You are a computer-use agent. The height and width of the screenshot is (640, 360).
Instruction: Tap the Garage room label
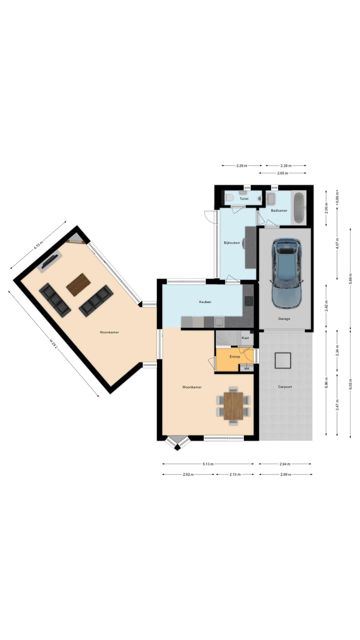pos(284,318)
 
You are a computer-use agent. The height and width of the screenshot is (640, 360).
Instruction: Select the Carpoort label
pos(285,386)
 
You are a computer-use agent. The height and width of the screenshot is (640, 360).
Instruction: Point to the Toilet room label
pos(243,198)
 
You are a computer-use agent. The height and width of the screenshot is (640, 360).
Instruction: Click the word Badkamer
pos(278,210)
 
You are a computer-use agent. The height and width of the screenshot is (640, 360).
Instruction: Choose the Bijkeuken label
pos(231,243)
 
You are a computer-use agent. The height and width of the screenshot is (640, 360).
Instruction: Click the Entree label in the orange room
pos(234,356)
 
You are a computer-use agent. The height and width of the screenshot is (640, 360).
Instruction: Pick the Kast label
pos(245,338)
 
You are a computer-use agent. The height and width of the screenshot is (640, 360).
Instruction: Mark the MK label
pos(246,368)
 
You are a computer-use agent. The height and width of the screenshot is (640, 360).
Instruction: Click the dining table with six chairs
pos(233,405)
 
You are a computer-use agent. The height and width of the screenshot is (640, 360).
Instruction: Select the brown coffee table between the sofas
pos(78,284)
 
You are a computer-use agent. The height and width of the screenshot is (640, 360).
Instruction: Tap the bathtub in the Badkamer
pos(298,207)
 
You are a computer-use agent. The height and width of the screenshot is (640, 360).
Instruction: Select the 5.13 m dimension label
pos(208,464)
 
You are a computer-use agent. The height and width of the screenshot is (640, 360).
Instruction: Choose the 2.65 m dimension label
pos(282,173)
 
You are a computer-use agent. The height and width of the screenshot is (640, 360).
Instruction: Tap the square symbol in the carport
pos(283,360)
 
